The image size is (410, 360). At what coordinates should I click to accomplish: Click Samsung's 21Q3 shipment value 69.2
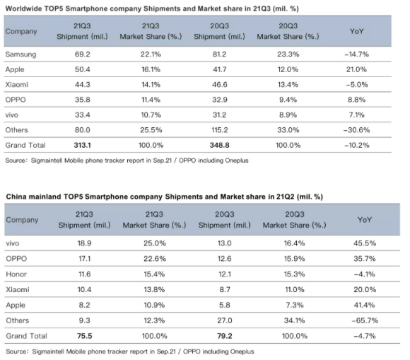[x=83, y=54]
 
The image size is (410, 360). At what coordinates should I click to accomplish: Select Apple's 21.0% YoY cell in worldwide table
[x=356, y=69]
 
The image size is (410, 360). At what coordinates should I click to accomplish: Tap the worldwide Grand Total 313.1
[x=83, y=145]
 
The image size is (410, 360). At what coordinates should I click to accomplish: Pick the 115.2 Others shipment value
[x=219, y=130]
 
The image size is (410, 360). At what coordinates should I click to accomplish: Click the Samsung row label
[x=20, y=54]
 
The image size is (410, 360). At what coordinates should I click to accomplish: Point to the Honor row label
[x=16, y=274]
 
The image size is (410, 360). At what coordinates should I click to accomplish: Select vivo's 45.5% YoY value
[x=365, y=243]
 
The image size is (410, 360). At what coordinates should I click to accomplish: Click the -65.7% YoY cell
[x=365, y=320]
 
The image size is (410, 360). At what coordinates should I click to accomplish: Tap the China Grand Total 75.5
[x=84, y=336]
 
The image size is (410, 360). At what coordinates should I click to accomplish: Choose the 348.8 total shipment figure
[x=219, y=145]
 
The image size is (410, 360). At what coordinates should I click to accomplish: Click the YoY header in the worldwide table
[x=357, y=31]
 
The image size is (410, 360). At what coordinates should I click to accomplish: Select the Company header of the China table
[x=22, y=220]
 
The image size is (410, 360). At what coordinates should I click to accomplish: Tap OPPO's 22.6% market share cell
[x=155, y=259]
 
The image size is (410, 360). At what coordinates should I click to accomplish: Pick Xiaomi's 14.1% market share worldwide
[x=151, y=84]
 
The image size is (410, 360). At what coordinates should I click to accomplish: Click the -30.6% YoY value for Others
[x=357, y=130]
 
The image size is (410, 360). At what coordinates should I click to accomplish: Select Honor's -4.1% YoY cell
[x=365, y=274]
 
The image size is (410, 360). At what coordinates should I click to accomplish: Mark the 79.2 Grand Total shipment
[x=224, y=336]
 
